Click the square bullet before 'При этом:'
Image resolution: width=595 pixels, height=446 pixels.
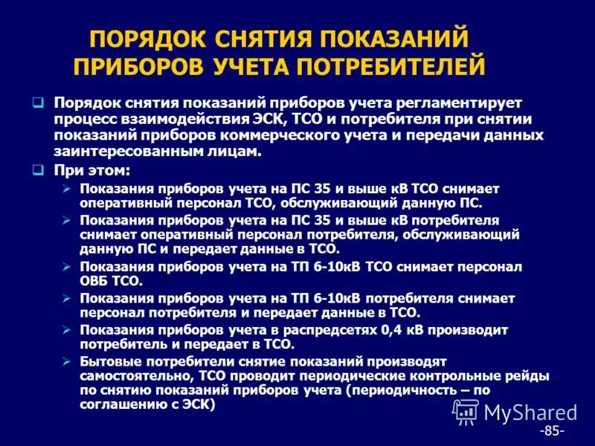pyautogui.click(x=39, y=170)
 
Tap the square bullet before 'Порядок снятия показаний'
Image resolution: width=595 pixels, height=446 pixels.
pyautogui.click(x=39, y=102)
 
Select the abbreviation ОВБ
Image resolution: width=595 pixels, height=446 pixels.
pyautogui.click(x=94, y=282)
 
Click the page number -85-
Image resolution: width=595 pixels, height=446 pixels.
pyautogui.click(x=552, y=431)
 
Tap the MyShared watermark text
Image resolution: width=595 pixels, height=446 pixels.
pyautogui.click(x=530, y=413)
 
